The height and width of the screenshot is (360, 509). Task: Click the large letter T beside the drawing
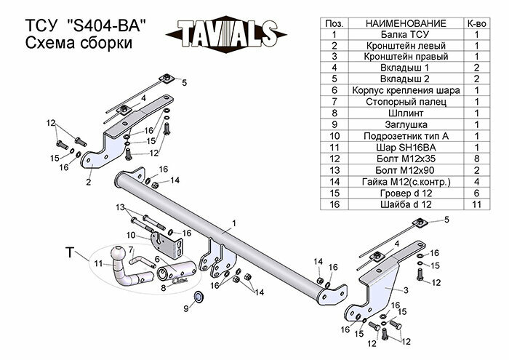70,252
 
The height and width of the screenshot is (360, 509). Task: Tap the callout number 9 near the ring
186,309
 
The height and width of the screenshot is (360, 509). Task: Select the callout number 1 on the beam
235,223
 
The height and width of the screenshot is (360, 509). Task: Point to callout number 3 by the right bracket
404,290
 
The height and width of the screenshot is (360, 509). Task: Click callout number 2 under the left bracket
88,183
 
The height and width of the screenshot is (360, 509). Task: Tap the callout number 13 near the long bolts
121,208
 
